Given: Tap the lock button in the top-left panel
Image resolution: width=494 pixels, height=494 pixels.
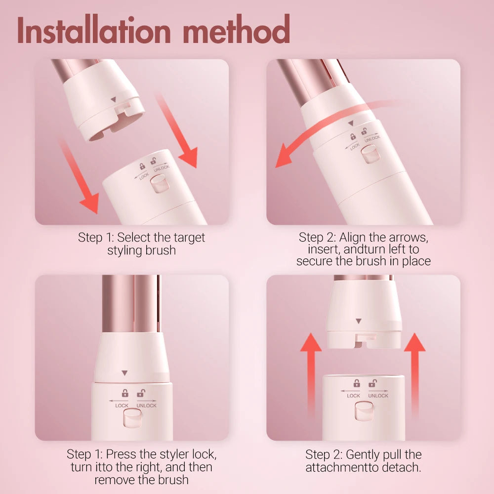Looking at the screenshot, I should (x=159, y=186).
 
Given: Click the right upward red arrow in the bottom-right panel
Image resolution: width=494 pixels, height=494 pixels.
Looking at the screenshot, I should (x=414, y=375).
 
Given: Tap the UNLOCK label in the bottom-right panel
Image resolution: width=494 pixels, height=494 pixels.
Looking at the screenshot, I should (x=378, y=396).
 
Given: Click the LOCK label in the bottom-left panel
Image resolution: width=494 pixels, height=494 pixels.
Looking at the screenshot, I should (x=122, y=406).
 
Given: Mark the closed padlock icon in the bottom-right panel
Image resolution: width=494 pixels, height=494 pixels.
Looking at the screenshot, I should (x=356, y=383).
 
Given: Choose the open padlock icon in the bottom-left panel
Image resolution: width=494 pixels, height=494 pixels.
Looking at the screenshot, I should (x=141, y=393).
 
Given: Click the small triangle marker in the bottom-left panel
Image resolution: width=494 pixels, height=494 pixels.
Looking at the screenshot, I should (x=124, y=373).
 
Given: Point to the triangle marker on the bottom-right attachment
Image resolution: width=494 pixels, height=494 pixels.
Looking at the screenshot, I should (x=359, y=321).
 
